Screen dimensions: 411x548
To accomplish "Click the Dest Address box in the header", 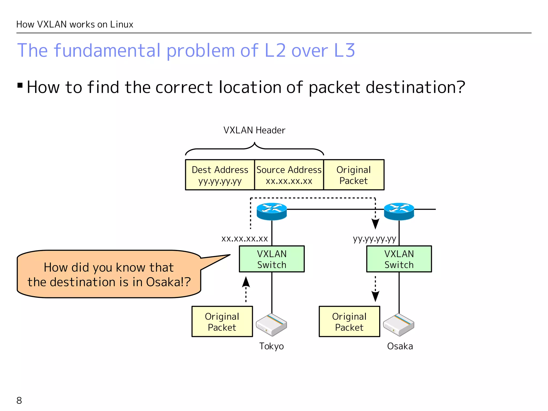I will (220, 175).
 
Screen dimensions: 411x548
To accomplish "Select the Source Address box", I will (289, 175).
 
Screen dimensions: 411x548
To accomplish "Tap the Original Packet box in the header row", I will (354, 175).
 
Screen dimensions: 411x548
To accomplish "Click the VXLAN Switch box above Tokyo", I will (272, 259).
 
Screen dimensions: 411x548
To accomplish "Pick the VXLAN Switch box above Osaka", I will (399, 259).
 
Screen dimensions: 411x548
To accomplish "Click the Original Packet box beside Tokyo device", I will (222, 322).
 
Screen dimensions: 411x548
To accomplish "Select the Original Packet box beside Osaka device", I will (349, 322).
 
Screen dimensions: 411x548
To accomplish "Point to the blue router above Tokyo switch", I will (272, 211).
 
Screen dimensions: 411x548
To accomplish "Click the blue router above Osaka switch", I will (399, 211).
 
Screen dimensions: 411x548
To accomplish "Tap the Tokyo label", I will (271, 346).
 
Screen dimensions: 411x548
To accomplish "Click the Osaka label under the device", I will (400, 346).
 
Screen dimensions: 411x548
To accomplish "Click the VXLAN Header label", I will (254, 130).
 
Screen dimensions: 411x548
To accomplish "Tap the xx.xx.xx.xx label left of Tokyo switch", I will (245, 238).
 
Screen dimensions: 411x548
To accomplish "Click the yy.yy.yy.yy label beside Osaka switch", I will (374, 238).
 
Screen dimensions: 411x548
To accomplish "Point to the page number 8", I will (19, 401).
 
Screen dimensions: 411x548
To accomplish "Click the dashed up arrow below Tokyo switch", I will (246, 289).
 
